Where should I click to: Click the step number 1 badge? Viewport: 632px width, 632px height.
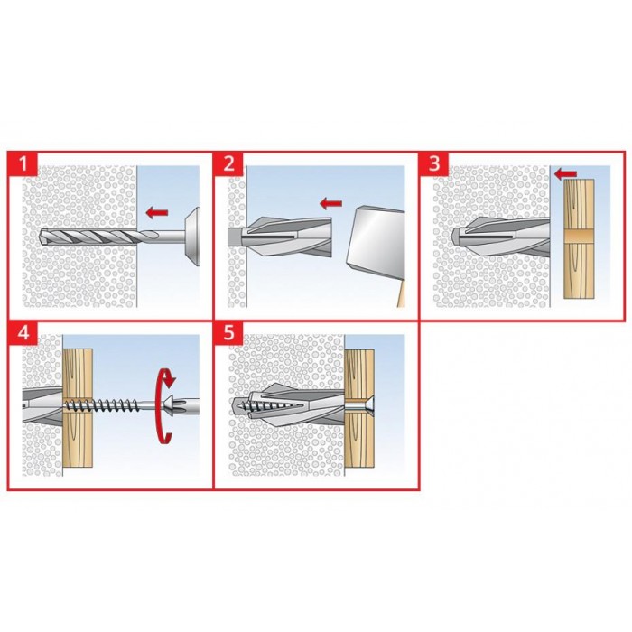point(23,164)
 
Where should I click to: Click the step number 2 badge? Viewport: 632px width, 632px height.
point(229,164)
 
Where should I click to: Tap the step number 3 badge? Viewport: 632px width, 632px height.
point(434,164)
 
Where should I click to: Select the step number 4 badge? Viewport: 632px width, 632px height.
point(23,333)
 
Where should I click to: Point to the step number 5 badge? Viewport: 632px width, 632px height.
point(229,333)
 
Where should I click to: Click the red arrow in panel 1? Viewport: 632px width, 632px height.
point(157,212)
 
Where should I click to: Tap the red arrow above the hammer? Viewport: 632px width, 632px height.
point(330,203)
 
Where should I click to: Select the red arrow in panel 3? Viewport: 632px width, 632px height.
point(565,174)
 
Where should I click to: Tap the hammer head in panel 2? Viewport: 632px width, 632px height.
point(375,243)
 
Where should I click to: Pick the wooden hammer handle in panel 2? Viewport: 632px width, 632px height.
point(401,294)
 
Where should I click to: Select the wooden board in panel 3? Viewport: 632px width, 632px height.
point(579,238)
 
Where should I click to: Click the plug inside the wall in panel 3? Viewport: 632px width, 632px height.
point(500,237)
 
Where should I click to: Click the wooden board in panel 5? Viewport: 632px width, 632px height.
point(359,408)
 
